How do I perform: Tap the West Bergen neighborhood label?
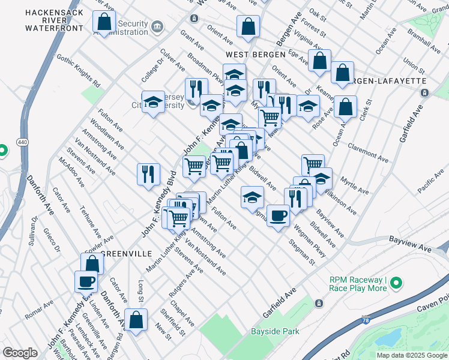(255, 55)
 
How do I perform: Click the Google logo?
(20, 353)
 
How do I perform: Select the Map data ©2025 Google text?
(412, 355)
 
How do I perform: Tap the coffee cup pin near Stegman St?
(277, 216)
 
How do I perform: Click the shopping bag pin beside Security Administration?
(104, 22)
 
